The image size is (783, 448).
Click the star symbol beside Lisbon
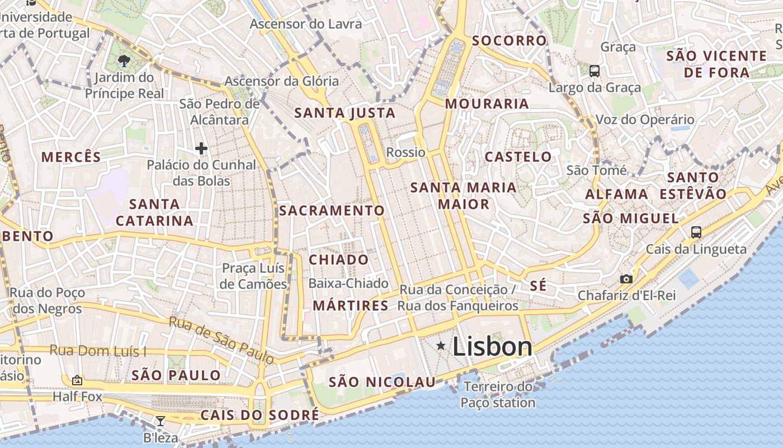[x=441, y=346]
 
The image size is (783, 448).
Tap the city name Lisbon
[x=492, y=347]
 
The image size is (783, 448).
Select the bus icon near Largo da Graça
[x=595, y=71]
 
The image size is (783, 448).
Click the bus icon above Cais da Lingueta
[x=696, y=232]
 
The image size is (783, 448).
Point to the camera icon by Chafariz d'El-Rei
[x=626, y=279]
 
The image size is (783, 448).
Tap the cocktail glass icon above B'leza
[x=161, y=421]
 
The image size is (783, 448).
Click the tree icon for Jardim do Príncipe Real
[x=124, y=61]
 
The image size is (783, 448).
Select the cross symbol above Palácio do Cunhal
[x=201, y=148]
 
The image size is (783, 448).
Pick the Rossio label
[x=405, y=152]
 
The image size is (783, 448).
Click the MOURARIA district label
[x=487, y=104]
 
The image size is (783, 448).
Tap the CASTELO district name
[x=518, y=157]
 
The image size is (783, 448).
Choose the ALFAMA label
[x=616, y=194]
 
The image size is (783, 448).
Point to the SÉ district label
[x=537, y=286]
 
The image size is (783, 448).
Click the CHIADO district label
[x=339, y=260]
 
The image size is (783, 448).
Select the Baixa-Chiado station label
[x=348, y=283]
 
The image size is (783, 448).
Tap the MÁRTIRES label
[x=350, y=306]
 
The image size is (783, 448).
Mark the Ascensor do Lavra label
[x=305, y=24]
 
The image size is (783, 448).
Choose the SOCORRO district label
[x=509, y=40]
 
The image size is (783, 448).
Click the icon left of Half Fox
[x=77, y=380]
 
